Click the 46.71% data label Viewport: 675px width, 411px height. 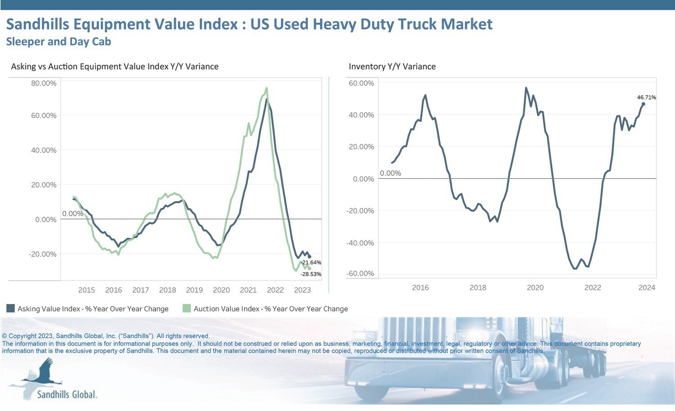(646, 97)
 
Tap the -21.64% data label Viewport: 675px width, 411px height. (311, 263)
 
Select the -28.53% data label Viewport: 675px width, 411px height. (311, 274)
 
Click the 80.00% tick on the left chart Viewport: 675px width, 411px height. (44, 83)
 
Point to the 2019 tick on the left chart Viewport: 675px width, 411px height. (194, 290)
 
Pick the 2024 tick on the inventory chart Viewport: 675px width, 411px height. (647, 288)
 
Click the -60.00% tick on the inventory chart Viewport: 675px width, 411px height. (360, 274)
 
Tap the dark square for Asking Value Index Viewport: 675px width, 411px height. (10, 308)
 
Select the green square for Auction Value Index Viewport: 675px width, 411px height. (187, 308)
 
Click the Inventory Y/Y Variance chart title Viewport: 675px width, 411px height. (392, 67)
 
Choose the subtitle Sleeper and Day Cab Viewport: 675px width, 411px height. (58, 42)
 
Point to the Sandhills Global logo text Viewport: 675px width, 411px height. (67, 394)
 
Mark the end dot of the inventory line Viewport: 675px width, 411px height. (643, 104)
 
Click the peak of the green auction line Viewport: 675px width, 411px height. (267, 88)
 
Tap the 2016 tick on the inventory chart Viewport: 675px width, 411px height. (420, 288)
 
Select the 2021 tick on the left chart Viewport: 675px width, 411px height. (248, 290)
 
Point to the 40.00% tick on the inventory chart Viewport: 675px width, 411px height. (361, 115)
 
